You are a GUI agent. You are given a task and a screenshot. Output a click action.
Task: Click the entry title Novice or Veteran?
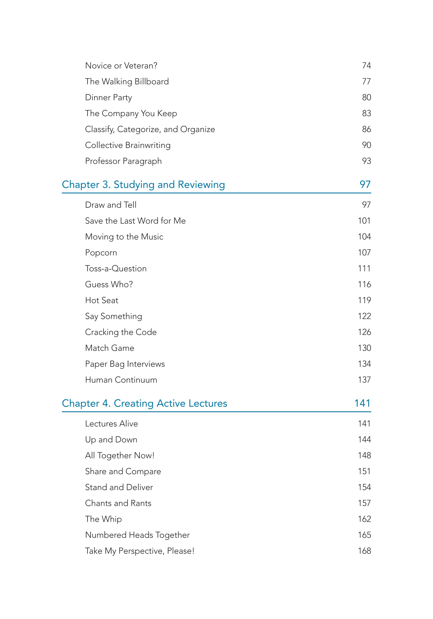coord(121,66)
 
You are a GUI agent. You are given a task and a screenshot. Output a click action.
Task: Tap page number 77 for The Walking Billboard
coord(366,81)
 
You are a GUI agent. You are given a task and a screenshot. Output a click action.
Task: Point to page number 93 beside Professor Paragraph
coord(366,161)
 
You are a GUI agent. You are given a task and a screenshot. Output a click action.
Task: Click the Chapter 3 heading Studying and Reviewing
coord(143,185)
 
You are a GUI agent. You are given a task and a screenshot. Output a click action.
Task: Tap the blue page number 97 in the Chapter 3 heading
coord(365,185)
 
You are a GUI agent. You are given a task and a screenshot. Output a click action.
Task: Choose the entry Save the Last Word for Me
coord(135,221)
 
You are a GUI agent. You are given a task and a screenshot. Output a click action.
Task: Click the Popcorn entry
coord(101,253)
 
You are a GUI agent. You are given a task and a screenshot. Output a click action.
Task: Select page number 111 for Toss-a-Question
coord(364,268)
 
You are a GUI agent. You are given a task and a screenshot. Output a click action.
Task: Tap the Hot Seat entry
coord(101,300)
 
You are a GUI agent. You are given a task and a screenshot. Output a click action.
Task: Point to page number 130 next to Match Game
coord(364,348)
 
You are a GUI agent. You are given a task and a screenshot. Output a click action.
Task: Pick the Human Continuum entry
coord(121,380)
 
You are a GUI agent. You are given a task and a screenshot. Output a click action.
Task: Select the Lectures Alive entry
coord(111,424)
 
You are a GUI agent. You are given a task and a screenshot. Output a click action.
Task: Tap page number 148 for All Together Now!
coord(364,455)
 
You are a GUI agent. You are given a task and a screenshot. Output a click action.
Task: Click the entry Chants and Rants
coord(118,503)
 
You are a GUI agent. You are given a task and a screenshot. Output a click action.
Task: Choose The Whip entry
coord(103,519)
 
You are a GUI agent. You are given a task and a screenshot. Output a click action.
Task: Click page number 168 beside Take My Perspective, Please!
coord(364,551)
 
